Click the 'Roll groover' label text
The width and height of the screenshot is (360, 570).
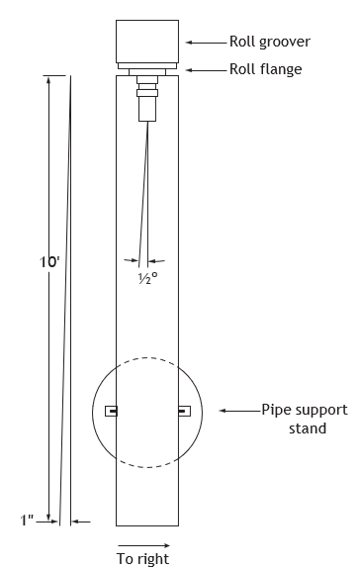(270, 42)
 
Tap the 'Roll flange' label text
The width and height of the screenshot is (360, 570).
(266, 69)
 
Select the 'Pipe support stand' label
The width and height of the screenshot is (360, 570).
(305, 419)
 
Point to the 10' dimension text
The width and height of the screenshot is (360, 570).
(49, 261)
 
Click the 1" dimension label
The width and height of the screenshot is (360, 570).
(27, 521)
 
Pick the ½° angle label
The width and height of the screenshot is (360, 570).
(148, 278)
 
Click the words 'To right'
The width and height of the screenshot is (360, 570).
(142, 558)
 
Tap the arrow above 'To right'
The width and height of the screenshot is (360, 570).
(143, 545)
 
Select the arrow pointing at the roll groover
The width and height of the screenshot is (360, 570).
(206, 43)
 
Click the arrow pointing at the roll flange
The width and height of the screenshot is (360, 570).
(206, 70)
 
